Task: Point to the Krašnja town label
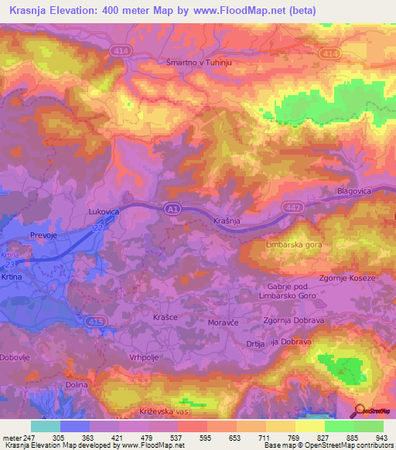click(230, 222)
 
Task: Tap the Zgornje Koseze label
click(347, 278)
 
